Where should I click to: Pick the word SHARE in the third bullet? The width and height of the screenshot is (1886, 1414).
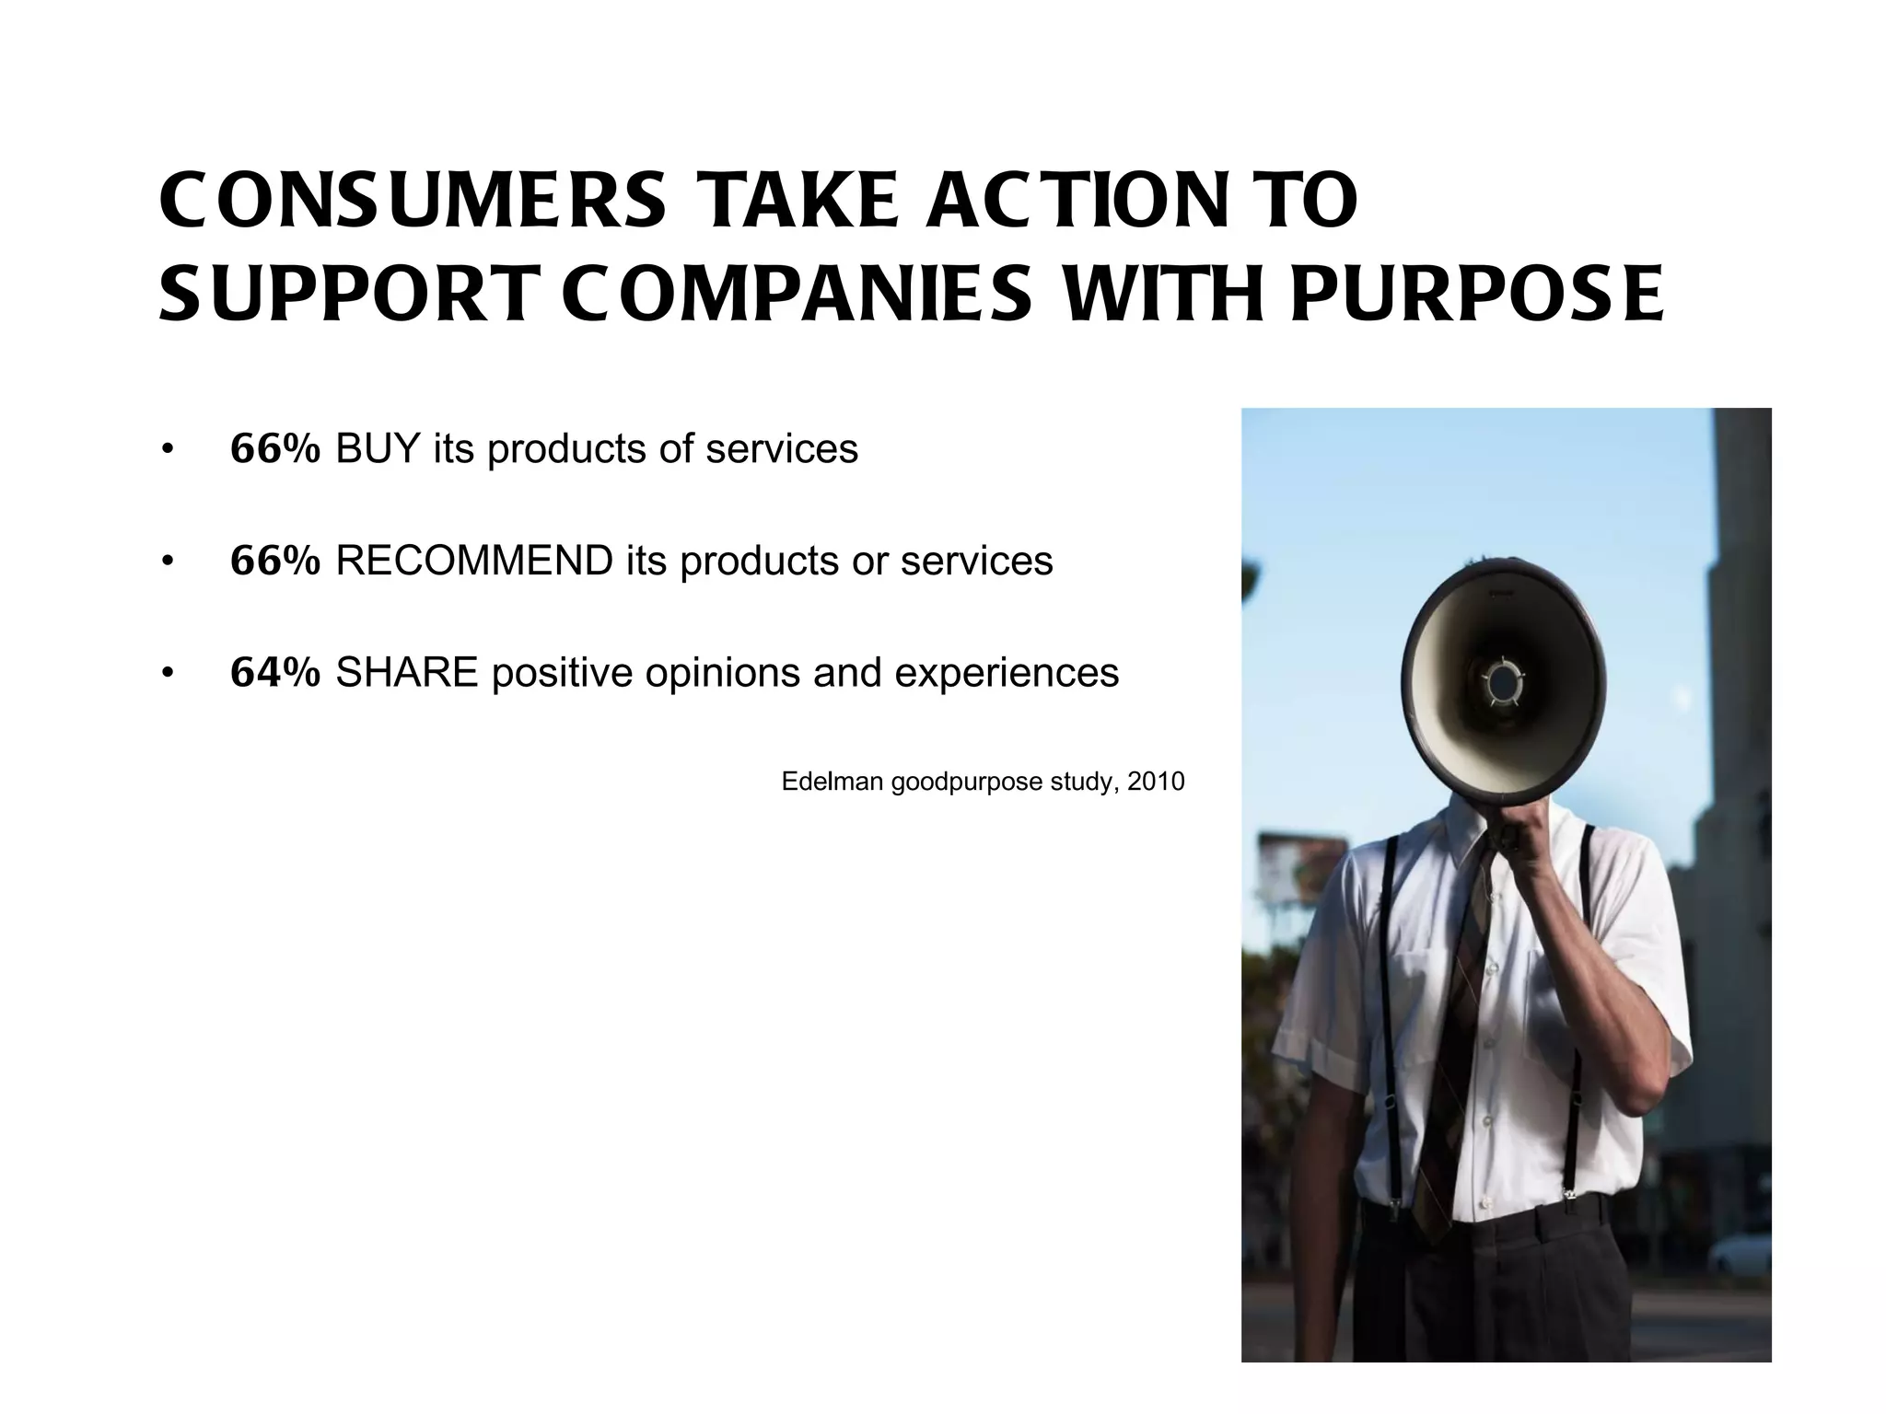[x=406, y=673]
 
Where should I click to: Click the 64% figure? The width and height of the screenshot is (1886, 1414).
[x=274, y=673]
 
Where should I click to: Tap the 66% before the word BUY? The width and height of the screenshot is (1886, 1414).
[x=274, y=449]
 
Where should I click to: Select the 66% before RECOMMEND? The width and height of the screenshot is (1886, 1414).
[x=274, y=561]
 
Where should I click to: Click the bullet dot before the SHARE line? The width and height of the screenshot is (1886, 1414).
[x=167, y=673]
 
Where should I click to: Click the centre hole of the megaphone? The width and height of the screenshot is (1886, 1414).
[x=1503, y=682]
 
